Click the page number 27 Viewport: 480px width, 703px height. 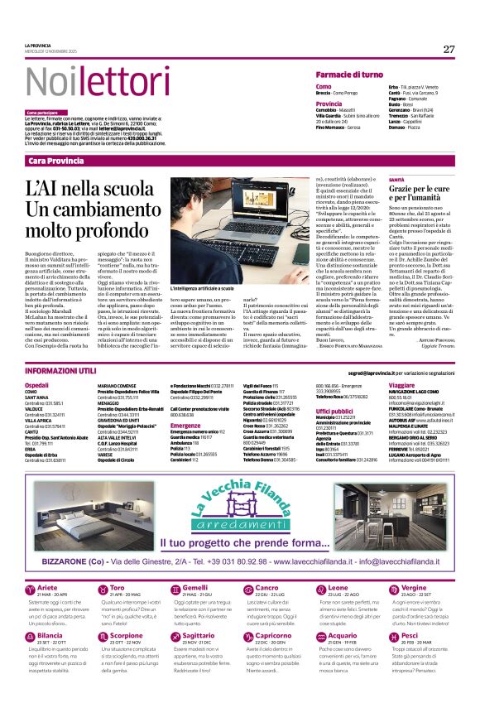coord(449,49)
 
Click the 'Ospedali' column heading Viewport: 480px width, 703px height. coord(37,386)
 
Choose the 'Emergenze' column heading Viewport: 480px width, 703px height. coord(185,426)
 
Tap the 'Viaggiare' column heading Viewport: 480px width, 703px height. coord(402,386)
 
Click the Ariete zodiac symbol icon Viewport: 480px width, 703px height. coord(31,588)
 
